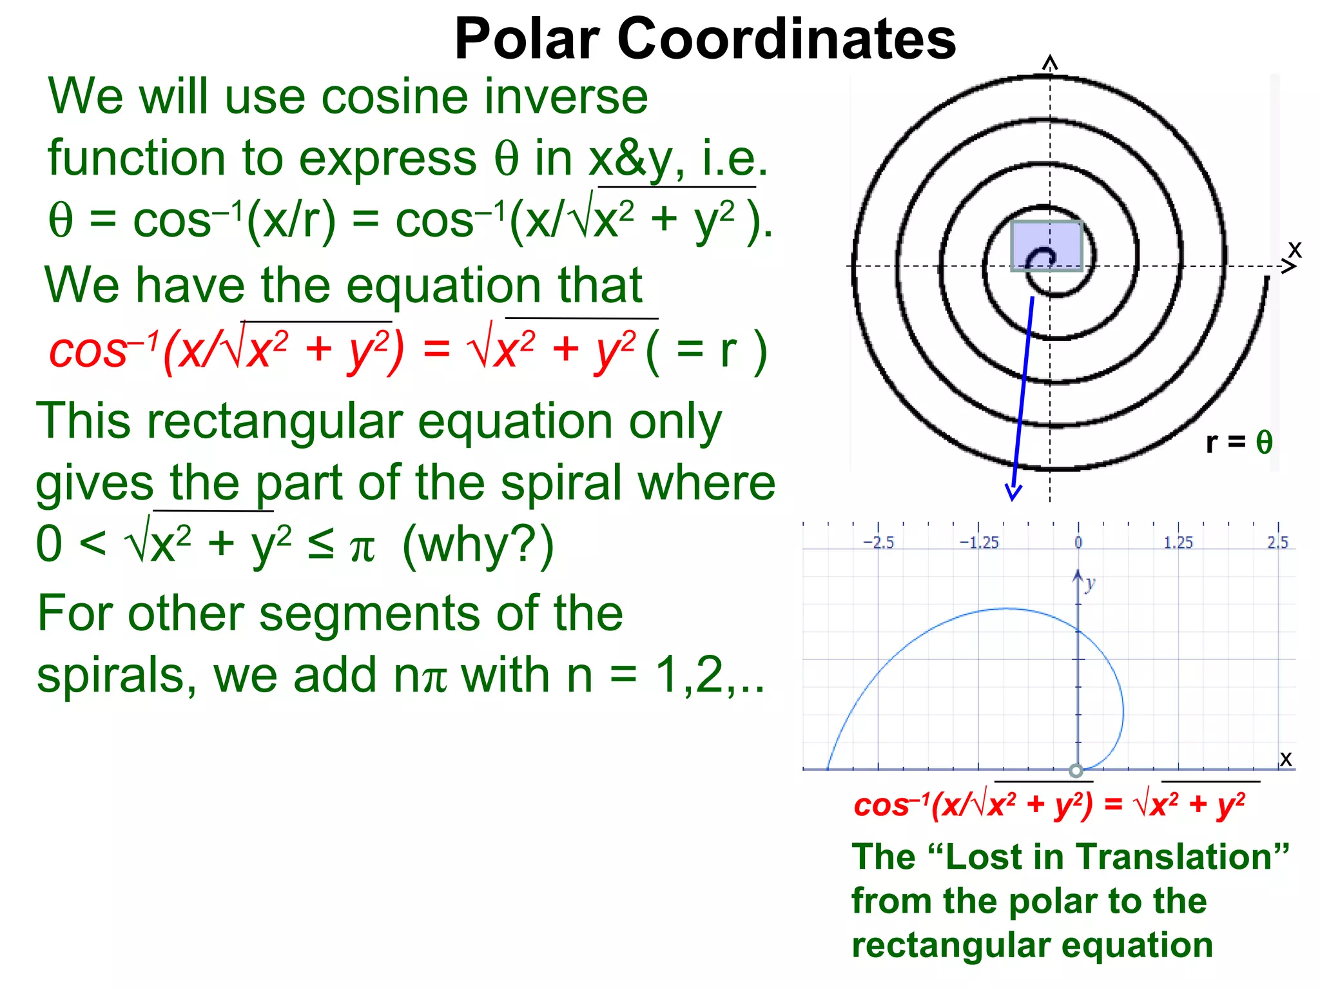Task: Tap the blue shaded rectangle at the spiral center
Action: [x=1046, y=246]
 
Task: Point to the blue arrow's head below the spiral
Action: [x=1013, y=492]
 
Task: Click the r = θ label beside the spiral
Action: [x=1239, y=442]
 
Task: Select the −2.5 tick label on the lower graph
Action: [x=878, y=543]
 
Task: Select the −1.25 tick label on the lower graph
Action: [x=978, y=543]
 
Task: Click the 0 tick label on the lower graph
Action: [x=1078, y=543]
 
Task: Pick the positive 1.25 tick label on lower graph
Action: [x=1178, y=543]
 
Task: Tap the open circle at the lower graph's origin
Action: [x=1076, y=770]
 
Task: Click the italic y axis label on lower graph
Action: [x=1090, y=583]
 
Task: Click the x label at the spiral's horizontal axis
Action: [x=1295, y=249]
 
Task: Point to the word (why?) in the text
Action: [x=478, y=545]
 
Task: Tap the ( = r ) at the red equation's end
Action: [x=706, y=351]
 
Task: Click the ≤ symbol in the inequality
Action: [x=320, y=545]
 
